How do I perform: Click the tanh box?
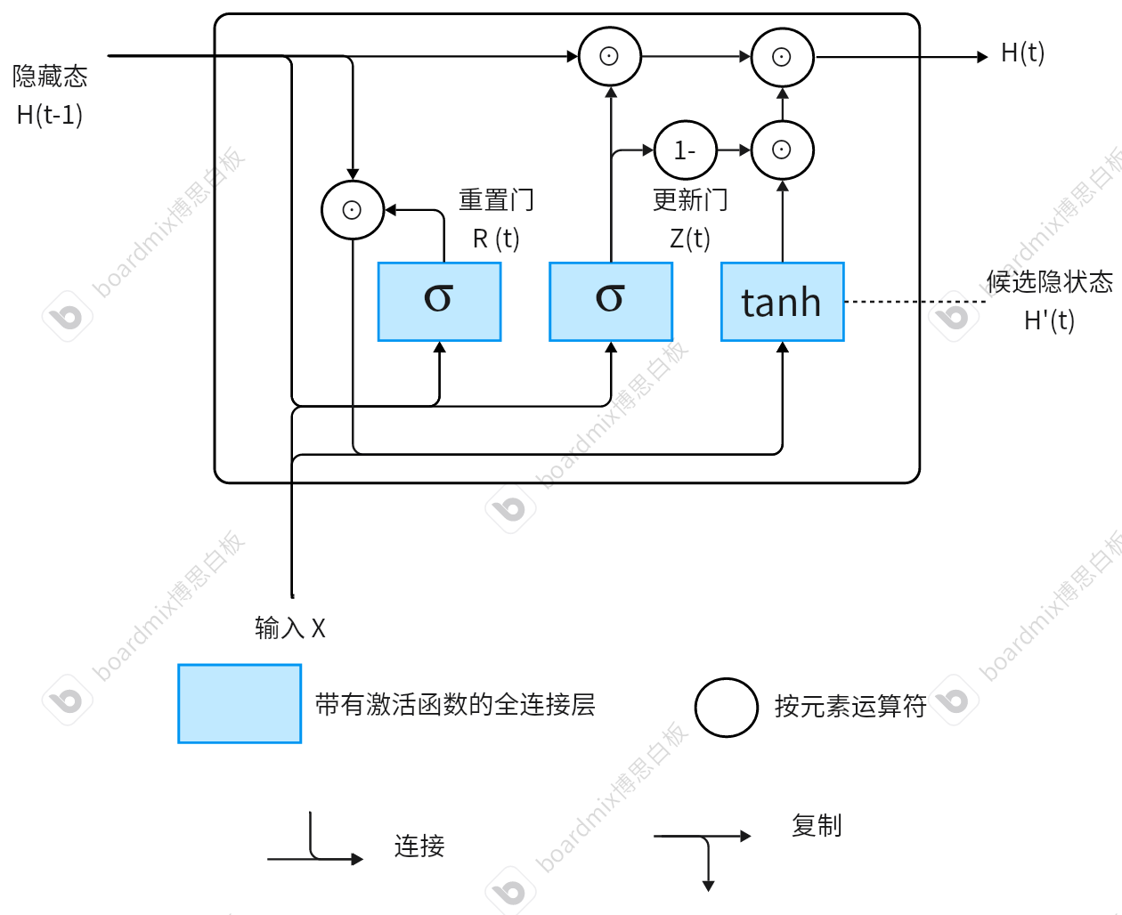[x=782, y=302]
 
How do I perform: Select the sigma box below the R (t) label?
[x=439, y=302]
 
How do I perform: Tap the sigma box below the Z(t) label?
[x=611, y=302]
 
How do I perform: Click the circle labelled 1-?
[x=685, y=150]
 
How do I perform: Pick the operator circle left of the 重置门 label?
[x=353, y=210]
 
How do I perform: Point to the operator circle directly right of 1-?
[x=782, y=150]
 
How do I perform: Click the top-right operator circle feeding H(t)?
[x=782, y=57]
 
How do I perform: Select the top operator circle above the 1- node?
[x=610, y=57]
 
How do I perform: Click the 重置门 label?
[x=496, y=200]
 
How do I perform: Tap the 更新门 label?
[x=690, y=200]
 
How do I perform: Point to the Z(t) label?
[x=690, y=239]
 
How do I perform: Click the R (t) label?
[x=496, y=239]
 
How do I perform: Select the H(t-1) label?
[x=50, y=115]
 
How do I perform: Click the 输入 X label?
[x=290, y=628]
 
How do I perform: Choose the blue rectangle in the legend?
[x=240, y=703]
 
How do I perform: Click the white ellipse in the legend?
[x=727, y=708]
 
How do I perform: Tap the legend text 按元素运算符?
[x=850, y=707]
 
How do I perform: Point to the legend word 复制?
[x=817, y=826]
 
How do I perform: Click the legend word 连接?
[x=419, y=846]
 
